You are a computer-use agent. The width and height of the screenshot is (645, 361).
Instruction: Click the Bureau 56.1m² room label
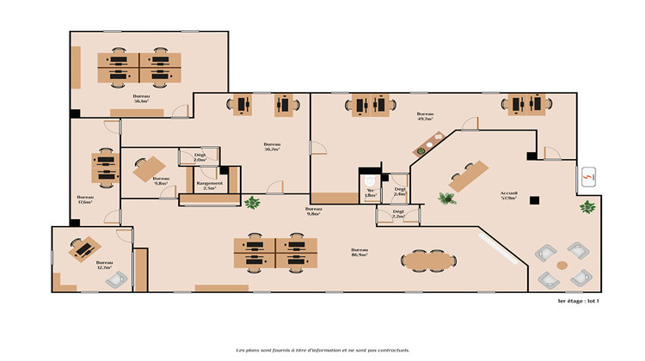tap(141, 99)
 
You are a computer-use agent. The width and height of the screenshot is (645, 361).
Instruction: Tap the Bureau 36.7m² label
tap(272, 146)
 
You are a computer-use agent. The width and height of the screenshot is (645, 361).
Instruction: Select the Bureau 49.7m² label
tap(425, 117)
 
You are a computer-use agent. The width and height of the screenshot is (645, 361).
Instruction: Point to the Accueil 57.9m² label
tap(509, 195)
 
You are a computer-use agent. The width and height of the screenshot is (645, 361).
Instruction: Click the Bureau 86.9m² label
tap(359, 253)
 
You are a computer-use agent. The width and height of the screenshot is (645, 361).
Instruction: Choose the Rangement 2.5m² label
tap(209, 185)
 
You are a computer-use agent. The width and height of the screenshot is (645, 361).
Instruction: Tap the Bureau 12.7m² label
tap(105, 265)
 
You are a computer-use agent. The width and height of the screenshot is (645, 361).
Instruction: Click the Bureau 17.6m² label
tap(84, 199)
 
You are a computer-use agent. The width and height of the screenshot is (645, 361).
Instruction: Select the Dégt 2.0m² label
tap(200, 158)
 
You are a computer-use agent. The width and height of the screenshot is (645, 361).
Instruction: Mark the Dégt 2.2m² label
tap(398, 213)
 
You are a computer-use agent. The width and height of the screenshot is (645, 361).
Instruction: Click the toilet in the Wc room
tap(370, 182)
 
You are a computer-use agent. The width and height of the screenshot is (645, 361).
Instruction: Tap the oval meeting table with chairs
tap(427, 258)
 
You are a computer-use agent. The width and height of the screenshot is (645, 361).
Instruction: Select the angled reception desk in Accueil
tap(468, 175)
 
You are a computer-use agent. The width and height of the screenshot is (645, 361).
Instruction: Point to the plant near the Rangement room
tap(252, 204)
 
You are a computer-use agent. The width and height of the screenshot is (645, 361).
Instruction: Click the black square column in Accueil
tap(534, 200)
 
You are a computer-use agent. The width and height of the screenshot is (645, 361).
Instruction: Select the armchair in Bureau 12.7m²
tap(120, 277)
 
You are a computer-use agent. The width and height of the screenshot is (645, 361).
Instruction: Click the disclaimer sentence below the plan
tap(322, 350)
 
